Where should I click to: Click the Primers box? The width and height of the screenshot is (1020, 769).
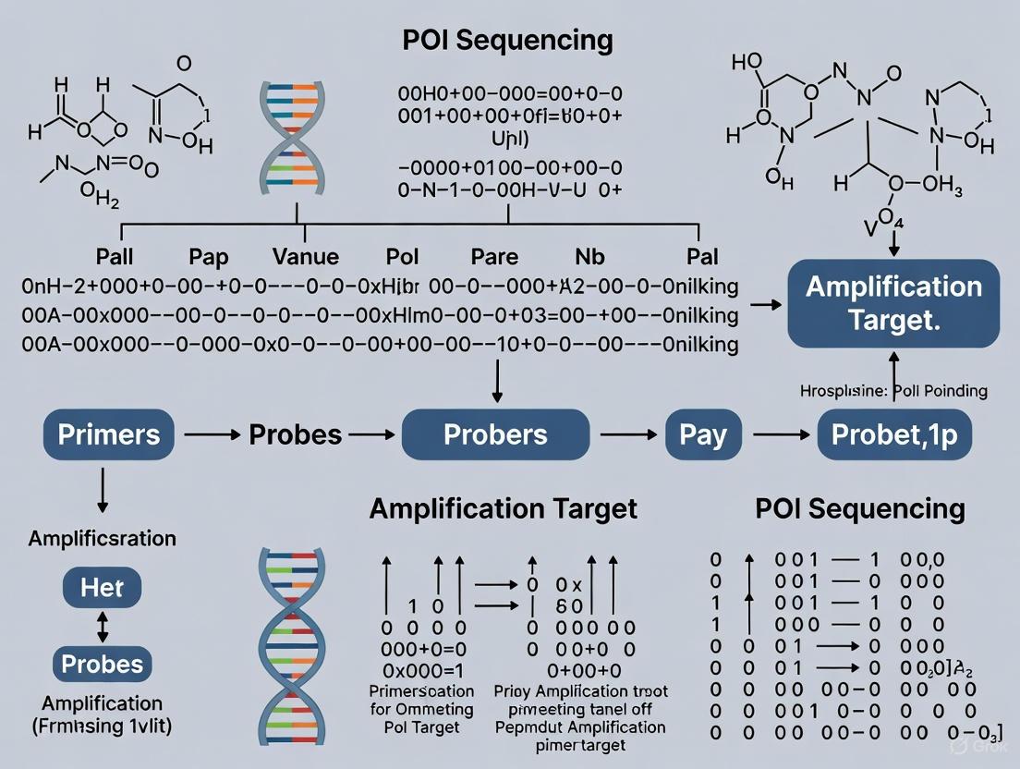(109, 434)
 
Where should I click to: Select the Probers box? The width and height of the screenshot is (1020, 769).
(495, 434)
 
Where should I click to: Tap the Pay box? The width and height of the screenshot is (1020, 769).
(703, 434)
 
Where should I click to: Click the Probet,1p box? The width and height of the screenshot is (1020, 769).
(894, 434)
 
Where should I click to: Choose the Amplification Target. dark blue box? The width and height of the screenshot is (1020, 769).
(893, 302)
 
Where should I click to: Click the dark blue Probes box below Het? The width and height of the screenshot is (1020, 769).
(103, 664)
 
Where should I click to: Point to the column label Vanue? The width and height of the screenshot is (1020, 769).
(306, 256)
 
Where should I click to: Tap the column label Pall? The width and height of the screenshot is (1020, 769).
(121, 256)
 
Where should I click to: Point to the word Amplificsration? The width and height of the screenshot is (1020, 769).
(103, 537)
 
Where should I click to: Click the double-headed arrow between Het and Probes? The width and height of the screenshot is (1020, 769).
(103, 625)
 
